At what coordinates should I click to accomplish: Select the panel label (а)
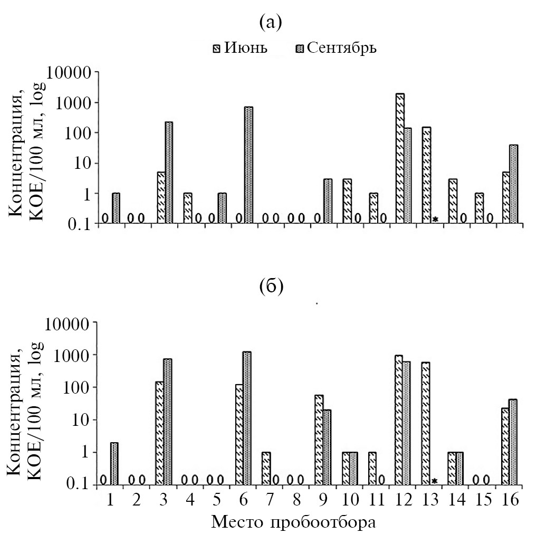(x=271, y=22)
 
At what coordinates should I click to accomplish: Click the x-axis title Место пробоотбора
(x=294, y=522)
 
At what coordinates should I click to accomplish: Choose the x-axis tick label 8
(x=296, y=499)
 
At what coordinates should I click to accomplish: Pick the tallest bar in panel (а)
(x=400, y=158)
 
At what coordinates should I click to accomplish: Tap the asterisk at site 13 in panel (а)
(x=436, y=219)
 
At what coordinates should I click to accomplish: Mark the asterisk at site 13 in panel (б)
(x=435, y=481)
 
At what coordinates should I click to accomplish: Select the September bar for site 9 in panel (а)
(x=328, y=201)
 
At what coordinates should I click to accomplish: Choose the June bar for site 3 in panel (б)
(x=159, y=433)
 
